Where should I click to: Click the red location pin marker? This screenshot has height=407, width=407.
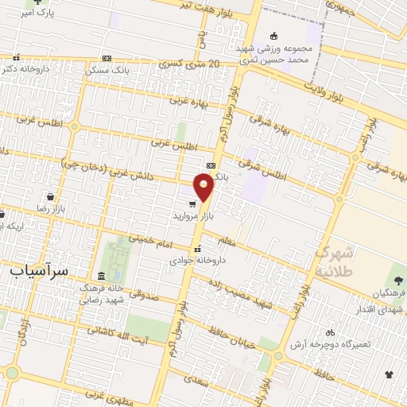204,187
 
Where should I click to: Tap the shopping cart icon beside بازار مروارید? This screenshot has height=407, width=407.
192,203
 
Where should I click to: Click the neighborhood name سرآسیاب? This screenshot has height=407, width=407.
39,270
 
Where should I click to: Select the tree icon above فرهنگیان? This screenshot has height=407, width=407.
398,280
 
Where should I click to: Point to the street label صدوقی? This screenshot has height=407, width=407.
143,296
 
